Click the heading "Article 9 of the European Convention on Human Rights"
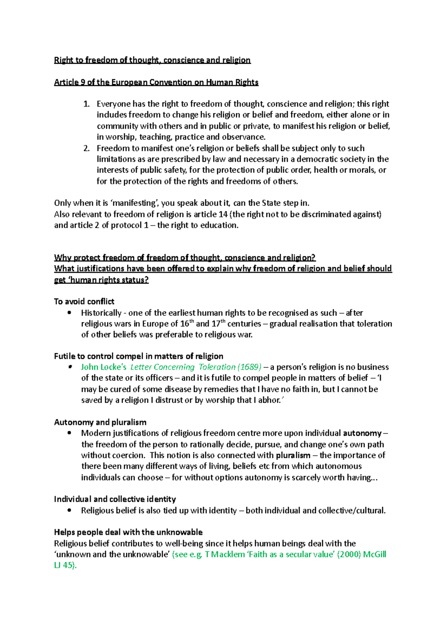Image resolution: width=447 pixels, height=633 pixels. (156, 82)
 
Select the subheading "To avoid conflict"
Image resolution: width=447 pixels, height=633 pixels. (84, 302)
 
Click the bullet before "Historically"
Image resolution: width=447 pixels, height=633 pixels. (69, 313)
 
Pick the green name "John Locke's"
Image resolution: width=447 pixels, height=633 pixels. (104, 367)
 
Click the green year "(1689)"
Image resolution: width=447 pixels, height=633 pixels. (249, 367)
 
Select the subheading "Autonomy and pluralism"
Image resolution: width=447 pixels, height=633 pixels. (100, 422)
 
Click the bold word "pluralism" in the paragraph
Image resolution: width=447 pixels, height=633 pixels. (293, 456)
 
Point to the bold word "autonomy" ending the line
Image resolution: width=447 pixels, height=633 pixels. (362, 433)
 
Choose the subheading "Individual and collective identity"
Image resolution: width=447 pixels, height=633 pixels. (115, 499)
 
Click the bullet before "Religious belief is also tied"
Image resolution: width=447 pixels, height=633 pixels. (69, 510)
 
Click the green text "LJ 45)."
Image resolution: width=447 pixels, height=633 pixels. (65, 565)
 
